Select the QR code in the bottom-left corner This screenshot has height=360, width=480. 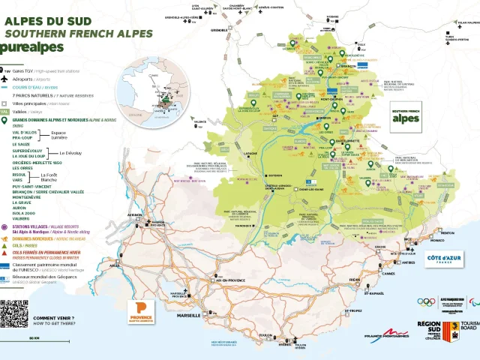[14, 313]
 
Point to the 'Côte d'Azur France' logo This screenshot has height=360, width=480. [444, 259]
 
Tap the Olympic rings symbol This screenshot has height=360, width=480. [426, 302]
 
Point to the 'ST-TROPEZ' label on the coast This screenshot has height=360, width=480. [353, 310]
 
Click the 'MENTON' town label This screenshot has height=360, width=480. [448, 233]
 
